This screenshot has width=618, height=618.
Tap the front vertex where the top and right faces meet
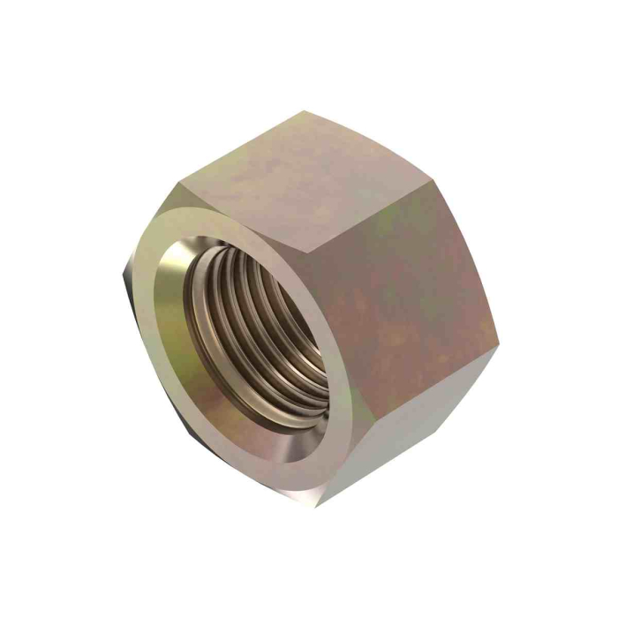[300, 252]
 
